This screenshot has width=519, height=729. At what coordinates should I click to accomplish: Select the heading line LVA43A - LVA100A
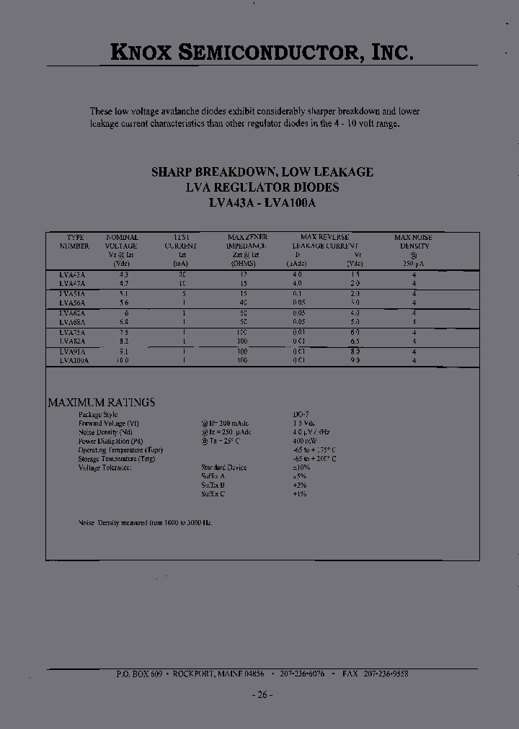tap(262, 203)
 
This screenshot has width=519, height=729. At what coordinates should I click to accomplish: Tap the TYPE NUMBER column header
tap(75, 241)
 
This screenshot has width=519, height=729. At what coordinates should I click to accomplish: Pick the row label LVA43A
tap(73, 275)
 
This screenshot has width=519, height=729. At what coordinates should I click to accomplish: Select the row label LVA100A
tap(74, 359)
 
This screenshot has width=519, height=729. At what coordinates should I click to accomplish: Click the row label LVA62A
tap(73, 313)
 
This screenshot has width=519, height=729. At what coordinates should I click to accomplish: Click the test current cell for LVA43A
tap(183, 275)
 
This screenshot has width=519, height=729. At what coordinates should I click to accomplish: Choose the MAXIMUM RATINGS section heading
tap(101, 403)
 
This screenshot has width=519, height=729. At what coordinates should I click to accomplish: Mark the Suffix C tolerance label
tap(213, 494)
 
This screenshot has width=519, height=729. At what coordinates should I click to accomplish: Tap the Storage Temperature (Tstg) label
tap(116, 459)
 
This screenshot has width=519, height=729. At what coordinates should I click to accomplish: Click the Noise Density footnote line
tap(145, 522)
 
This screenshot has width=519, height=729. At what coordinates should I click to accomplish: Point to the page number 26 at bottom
tap(262, 694)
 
